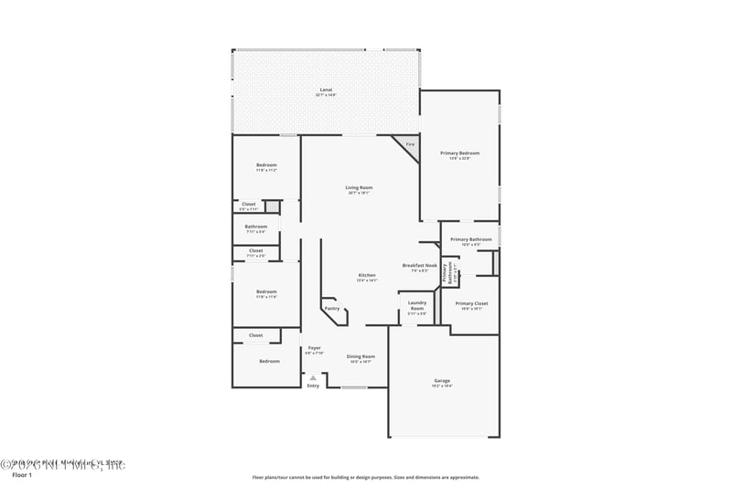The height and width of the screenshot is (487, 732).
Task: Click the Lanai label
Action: (x=326, y=90)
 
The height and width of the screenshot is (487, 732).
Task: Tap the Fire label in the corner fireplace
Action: (x=410, y=145)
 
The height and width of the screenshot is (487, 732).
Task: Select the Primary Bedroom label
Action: (x=459, y=154)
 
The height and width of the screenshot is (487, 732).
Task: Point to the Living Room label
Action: (x=360, y=188)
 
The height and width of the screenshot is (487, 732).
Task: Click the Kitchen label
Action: (x=367, y=275)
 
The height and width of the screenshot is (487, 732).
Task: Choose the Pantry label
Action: (x=331, y=309)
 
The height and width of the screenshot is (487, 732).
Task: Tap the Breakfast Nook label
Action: (x=419, y=266)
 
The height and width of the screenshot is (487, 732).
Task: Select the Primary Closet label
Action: (x=471, y=303)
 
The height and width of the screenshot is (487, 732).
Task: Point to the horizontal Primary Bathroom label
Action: (x=471, y=239)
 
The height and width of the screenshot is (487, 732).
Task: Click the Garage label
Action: (x=442, y=381)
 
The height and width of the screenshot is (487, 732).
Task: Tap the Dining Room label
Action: (x=361, y=356)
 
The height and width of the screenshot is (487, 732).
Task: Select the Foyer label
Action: (x=314, y=348)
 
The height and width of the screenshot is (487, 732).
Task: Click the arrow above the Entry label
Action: (x=313, y=376)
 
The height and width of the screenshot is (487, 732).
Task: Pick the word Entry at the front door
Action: (x=313, y=386)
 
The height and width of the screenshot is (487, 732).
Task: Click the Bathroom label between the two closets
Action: (x=256, y=227)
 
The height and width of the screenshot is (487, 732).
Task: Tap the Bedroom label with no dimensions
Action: (x=269, y=362)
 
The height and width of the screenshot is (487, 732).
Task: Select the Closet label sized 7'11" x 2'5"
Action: (x=255, y=251)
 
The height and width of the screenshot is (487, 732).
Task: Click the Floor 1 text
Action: (x=21, y=475)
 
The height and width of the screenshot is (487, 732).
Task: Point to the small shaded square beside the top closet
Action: (x=272, y=206)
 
